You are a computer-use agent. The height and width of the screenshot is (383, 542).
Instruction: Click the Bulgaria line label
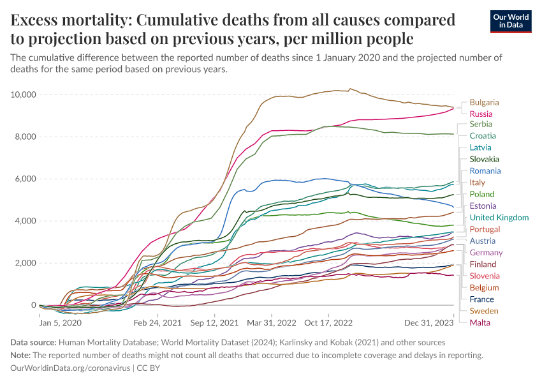click(x=484, y=102)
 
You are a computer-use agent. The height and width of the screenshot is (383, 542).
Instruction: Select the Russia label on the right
click(x=481, y=114)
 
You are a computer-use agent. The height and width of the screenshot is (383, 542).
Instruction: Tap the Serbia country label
click(x=481, y=124)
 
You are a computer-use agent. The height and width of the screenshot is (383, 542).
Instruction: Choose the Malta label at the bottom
click(x=480, y=322)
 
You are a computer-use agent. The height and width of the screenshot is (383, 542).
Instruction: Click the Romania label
click(x=485, y=170)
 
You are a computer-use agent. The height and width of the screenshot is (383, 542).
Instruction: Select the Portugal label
click(x=485, y=229)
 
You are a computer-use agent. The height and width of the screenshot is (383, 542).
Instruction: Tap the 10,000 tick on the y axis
click(x=22, y=95)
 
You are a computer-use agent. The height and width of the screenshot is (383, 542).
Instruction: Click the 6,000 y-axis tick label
click(x=24, y=179)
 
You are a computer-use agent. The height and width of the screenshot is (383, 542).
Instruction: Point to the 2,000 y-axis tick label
click(x=24, y=263)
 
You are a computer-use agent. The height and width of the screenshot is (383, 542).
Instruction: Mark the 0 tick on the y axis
click(x=32, y=305)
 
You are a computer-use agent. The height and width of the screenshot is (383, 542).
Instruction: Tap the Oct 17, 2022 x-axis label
click(x=328, y=324)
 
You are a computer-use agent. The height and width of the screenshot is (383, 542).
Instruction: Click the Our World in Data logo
click(x=511, y=21)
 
